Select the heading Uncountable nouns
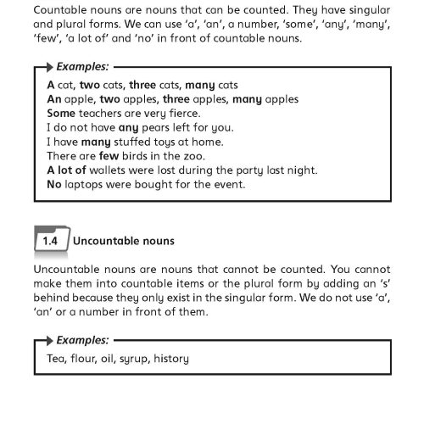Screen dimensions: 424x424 pyautogui.click(x=124, y=242)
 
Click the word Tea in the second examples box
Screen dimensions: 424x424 pyautogui.click(x=57, y=359)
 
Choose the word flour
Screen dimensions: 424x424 pyautogui.click(x=87, y=359)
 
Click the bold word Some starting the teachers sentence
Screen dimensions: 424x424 pyautogui.click(x=62, y=114)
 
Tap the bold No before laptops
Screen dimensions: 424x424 pyautogui.click(x=55, y=184)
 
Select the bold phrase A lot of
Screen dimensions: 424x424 pyautogui.click(x=67, y=170)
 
